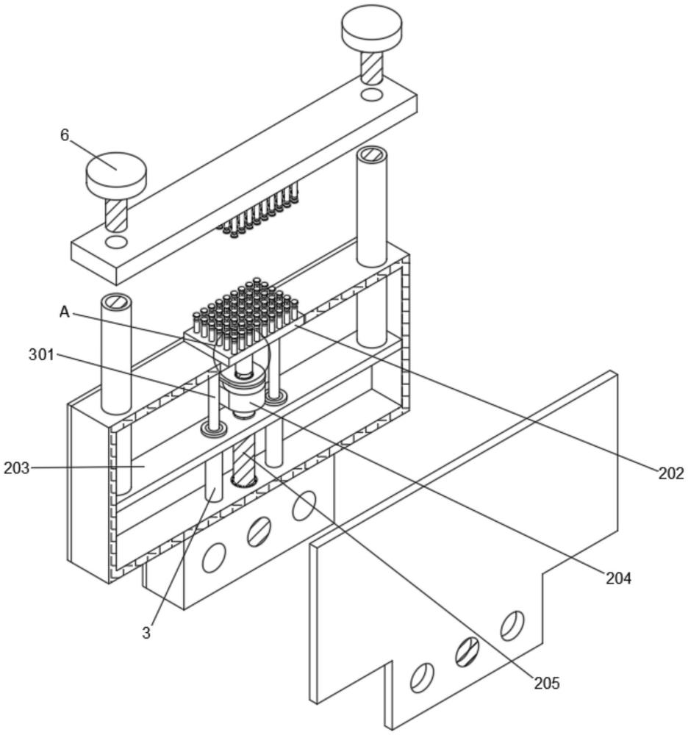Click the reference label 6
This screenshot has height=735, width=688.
tap(64, 135)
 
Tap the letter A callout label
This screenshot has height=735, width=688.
tap(65, 312)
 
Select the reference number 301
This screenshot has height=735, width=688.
tap(42, 355)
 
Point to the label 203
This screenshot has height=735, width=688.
tap(16, 467)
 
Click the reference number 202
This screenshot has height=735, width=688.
tap(671, 474)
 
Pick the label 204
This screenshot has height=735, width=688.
tap(619, 579)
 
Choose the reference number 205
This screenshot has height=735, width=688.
tap(547, 684)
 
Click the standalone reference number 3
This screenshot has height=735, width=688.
tap(146, 633)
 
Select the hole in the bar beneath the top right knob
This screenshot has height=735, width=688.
tap(372, 95)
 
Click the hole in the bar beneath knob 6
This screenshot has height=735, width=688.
tap(116, 242)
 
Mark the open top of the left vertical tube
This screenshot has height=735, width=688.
tap(115, 301)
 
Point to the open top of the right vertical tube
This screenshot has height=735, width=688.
tap(372, 154)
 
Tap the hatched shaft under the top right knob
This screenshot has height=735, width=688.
tap(372, 67)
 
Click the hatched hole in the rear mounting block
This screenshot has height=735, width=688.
tap(258, 531)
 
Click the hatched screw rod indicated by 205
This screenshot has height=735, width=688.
tap(244, 459)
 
